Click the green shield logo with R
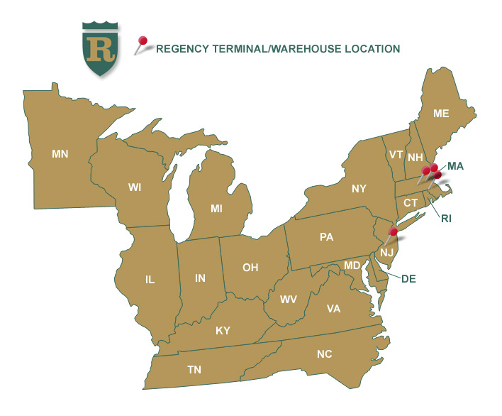[99, 48]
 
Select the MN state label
[60, 153]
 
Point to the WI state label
[135, 187]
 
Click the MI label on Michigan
[217, 209]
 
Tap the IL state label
[150, 280]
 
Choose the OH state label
[250, 268]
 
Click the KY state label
[223, 331]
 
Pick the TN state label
[194, 370]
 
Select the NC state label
[324, 354]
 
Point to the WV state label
[289, 300]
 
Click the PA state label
[327, 237]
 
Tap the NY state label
[359, 188]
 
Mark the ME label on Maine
[441, 113]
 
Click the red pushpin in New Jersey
[393, 231]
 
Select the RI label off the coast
[446, 219]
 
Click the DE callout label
[408, 278]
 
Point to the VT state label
[396, 154]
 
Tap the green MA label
[455, 165]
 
